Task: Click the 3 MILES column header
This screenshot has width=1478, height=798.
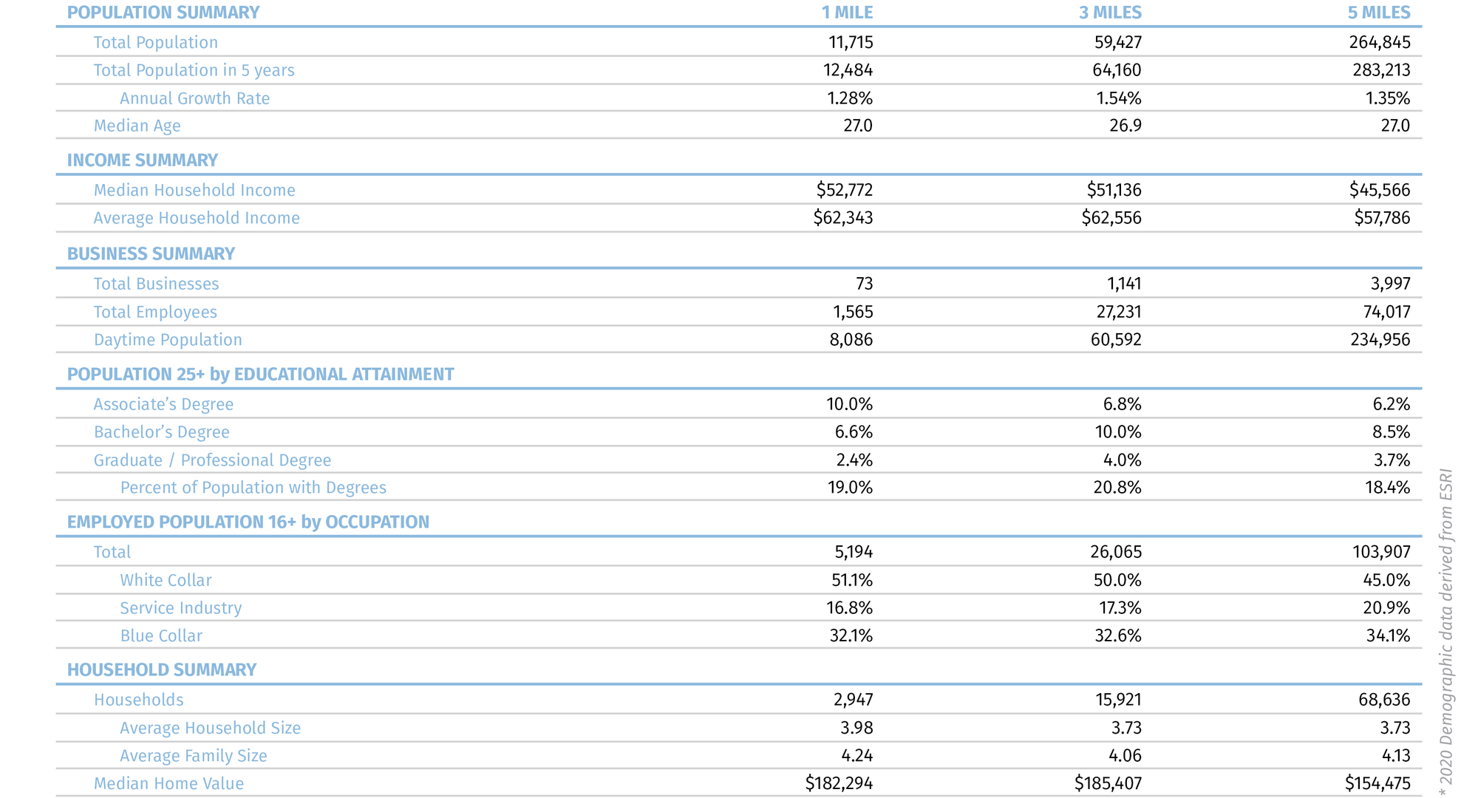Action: pos(1110,13)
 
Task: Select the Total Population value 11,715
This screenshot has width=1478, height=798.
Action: pos(851,42)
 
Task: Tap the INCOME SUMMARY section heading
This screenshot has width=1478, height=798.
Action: pos(143,160)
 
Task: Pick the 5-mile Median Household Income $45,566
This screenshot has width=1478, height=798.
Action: pos(1380,190)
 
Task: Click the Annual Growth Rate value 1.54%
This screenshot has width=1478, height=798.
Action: pos(1118,98)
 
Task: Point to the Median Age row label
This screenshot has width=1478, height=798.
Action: pos(137,126)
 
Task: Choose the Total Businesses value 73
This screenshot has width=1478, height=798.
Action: pos(864,284)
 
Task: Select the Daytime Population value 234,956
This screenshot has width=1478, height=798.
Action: pos(1380,340)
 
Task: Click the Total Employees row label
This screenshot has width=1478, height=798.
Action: pos(155,312)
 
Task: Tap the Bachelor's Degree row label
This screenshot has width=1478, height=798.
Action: pos(161,432)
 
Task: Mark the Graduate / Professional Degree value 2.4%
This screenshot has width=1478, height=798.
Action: pos(854,460)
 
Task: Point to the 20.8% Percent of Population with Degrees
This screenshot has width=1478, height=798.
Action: pos(1117,488)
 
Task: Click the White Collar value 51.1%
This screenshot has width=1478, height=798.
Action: pos(852,580)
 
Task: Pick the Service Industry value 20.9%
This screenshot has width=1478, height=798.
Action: pos(1386,608)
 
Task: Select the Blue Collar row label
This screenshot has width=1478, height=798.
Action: pos(161,636)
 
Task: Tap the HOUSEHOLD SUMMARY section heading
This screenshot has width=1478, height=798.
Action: pos(162,670)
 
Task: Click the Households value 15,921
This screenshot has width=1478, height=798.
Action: pos(1118,700)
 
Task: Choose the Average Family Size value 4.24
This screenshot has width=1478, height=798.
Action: pos(857,756)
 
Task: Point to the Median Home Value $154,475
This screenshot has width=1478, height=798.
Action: pos(1377,783)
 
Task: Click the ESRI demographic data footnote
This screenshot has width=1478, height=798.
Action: pos(1446,632)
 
